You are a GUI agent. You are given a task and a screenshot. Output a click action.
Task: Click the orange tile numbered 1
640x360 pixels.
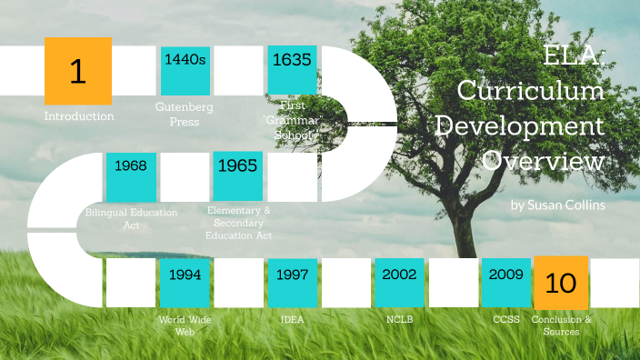pyautogui.click(x=78, y=71)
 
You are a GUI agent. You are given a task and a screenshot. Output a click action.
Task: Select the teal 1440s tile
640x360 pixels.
pyautogui.click(x=185, y=70)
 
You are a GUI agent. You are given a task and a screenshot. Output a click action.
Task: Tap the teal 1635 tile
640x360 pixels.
pyautogui.click(x=292, y=70)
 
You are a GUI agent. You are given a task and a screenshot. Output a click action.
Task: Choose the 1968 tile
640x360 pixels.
pyautogui.click(x=132, y=176)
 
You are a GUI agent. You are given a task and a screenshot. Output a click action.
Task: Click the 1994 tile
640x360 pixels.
pyautogui.click(x=185, y=283)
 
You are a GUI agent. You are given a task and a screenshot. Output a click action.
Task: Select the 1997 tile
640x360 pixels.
pyautogui.click(x=292, y=283)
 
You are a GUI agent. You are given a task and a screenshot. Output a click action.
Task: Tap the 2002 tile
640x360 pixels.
pyautogui.click(x=399, y=283)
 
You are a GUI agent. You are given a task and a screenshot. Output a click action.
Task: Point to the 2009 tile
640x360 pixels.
pyautogui.click(x=505, y=283)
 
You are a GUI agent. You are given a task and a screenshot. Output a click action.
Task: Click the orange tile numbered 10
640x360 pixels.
pyautogui.click(x=561, y=283)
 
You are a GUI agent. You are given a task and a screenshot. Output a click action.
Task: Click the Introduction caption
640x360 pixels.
pyautogui.click(x=79, y=116)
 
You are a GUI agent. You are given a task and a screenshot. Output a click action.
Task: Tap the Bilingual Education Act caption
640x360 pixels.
pyautogui.click(x=132, y=218)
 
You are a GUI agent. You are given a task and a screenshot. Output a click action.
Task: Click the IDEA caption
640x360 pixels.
pyautogui.click(x=292, y=320)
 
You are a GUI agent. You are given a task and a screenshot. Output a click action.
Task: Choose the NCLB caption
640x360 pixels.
pyautogui.click(x=399, y=320)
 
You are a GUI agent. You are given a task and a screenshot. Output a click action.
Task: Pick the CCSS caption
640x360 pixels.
pyautogui.click(x=505, y=320)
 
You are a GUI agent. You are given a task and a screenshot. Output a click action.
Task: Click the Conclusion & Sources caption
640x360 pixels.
pyautogui.click(x=561, y=325)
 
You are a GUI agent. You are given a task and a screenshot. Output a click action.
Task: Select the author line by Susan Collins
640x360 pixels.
pyautogui.click(x=557, y=205)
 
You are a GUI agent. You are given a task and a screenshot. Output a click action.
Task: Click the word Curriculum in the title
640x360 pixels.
pyautogui.click(x=530, y=92)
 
